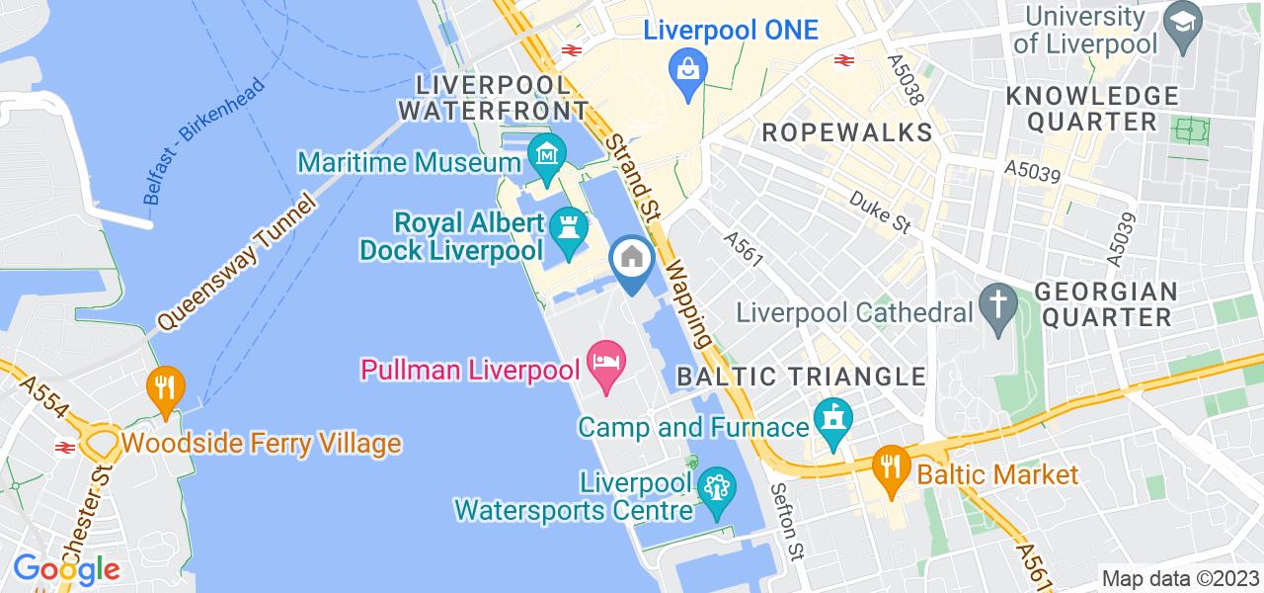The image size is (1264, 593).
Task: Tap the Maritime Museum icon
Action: [545, 155]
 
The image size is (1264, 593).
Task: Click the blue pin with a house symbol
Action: [631, 259]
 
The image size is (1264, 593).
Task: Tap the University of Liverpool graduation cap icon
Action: [1180, 20]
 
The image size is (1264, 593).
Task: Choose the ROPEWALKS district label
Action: [847, 131]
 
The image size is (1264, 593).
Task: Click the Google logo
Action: [66, 569]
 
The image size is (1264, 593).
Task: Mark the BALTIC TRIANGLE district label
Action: [801, 377]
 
